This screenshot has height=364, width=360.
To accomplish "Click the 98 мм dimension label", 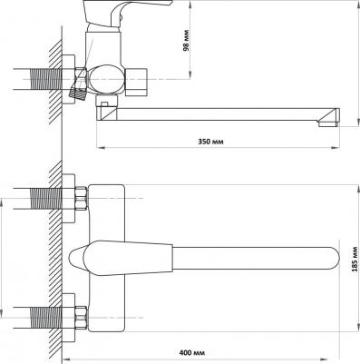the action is click(x=186, y=40).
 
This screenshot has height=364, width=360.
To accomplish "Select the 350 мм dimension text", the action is click(x=210, y=142).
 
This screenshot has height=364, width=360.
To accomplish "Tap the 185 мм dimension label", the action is click(x=355, y=259).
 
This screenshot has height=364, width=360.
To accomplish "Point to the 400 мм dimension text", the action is click(x=192, y=353).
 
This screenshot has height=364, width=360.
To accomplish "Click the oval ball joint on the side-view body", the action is click(x=105, y=79).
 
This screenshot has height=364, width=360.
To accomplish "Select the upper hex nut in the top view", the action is click(x=81, y=199).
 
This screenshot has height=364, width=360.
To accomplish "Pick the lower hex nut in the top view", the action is click(x=81, y=318).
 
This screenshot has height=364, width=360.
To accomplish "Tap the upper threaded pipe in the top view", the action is click(x=46, y=199).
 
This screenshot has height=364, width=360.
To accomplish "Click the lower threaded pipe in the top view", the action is click(x=46, y=318).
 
